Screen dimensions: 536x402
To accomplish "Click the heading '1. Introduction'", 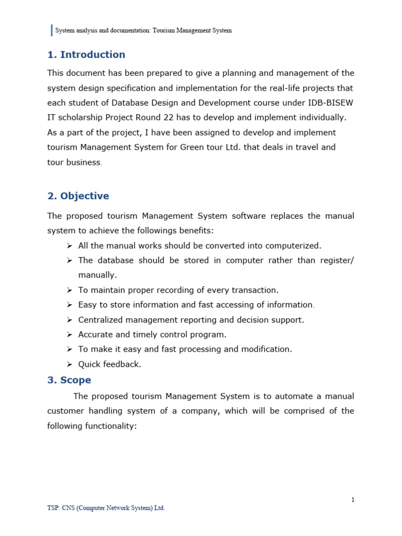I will tap(86, 55).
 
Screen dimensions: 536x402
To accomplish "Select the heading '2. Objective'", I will tap(78, 196).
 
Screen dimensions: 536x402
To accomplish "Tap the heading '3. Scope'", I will tap(69, 381).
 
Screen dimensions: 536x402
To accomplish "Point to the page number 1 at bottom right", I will tap(353, 500).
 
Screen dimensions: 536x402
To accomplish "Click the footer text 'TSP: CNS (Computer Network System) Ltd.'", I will tap(106, 508).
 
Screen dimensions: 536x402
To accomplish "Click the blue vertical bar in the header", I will tap(52, 30).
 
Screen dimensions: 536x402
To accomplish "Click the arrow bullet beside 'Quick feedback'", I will tap(69, 364).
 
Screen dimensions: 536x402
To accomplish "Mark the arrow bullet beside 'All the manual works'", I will tap(69, 246).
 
